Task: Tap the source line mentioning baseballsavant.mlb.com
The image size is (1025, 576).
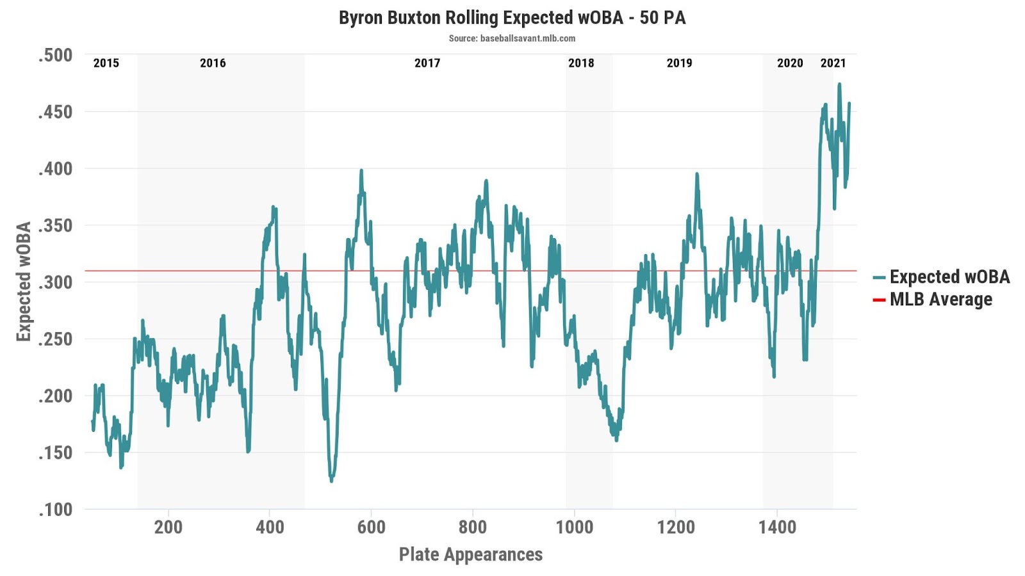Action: tap(512, 38)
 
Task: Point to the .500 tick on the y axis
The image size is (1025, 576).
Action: tap(55, 55)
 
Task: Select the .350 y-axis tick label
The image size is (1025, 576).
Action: tap(55, 225)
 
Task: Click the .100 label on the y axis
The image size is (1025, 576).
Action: tap(55, 509)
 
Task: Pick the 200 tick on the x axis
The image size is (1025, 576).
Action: tap(168, 527)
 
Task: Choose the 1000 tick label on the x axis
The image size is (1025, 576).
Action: tap(574, 527)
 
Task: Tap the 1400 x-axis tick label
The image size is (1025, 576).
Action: tap(777, 527)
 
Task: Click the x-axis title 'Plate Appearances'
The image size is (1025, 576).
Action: tap(471, 554)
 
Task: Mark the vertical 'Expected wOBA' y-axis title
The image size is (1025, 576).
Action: tap(24, 282)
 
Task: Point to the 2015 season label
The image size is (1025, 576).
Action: tap(106, 63)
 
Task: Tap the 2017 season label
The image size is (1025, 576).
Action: tap(427, 63)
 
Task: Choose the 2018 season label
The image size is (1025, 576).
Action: tap(581, 63)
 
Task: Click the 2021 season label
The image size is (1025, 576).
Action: tap(833, 63)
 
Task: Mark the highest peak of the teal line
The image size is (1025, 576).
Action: tap(839, 84)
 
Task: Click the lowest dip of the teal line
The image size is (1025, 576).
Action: tap(331, 480)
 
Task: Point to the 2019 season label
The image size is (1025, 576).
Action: tap(679, 63)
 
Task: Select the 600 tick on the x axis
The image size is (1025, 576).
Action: tap(372, 527)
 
